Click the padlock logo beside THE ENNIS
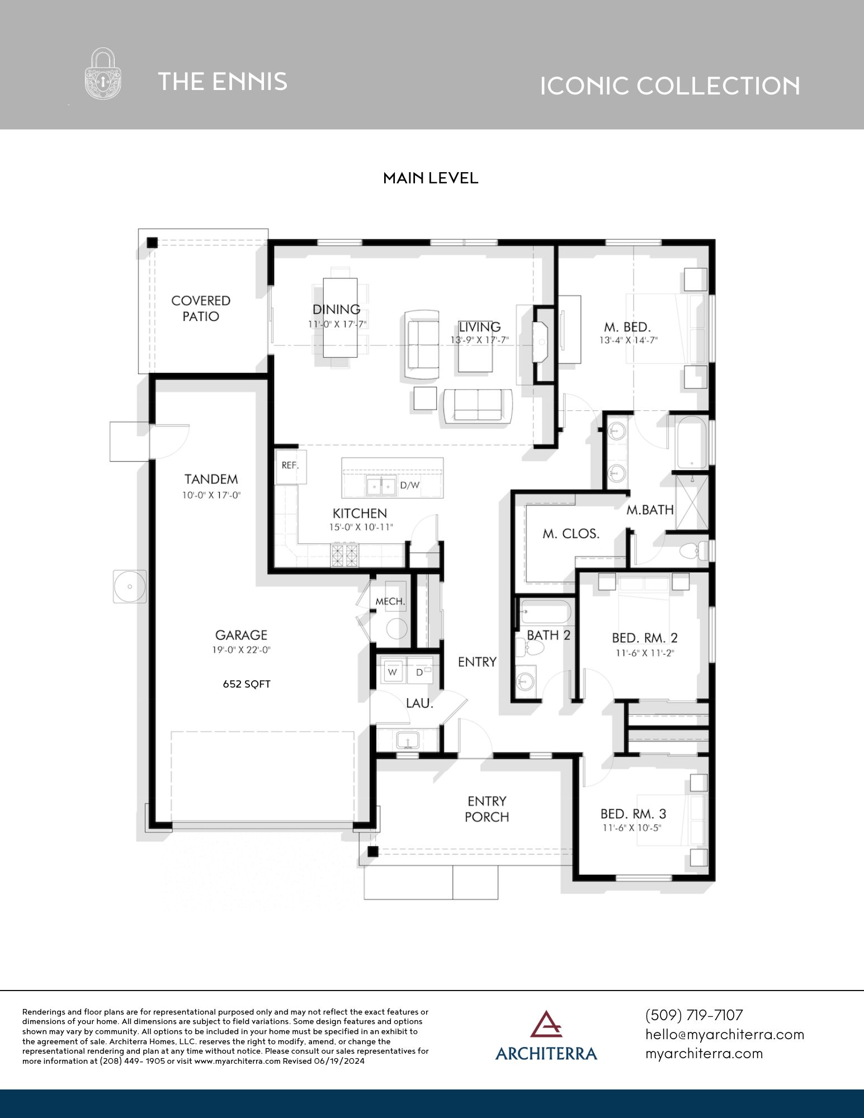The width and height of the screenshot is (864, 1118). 103,74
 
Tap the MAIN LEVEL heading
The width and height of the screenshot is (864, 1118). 430,178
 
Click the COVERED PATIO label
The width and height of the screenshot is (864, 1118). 201,309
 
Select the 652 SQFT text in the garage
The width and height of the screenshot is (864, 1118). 247,684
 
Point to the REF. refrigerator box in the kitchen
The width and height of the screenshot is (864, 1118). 291,466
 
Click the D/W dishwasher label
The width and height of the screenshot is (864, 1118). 409,485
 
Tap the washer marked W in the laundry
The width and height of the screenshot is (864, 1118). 393,672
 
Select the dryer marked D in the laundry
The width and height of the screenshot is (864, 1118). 421,672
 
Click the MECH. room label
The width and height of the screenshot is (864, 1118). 390,601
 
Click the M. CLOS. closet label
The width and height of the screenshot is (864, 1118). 571,534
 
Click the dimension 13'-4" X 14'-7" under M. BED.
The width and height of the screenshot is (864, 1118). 629,340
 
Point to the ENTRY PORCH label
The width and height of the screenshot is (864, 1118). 487,809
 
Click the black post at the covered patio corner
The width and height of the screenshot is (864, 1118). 152,243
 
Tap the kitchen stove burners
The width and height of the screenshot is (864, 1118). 344,555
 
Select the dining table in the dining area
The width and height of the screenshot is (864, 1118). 340,318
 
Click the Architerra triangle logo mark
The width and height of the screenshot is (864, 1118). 546,1024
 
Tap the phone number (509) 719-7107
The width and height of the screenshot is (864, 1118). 694,1015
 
